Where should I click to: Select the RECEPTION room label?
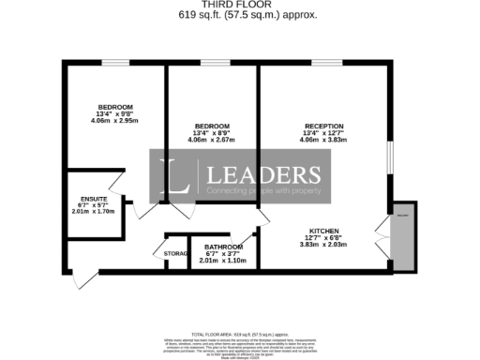click(x=323, y=126)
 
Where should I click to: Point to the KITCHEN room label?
click(x=328, y=230)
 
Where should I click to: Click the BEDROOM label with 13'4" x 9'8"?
click(x=114, y=106)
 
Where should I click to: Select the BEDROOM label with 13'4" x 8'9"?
click(x=212, y=126)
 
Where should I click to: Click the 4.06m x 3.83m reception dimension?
click(x=325, y=140)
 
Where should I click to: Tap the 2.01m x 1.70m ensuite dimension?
click(x=93, y=212)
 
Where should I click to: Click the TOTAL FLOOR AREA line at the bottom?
click(x=240, y=334)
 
